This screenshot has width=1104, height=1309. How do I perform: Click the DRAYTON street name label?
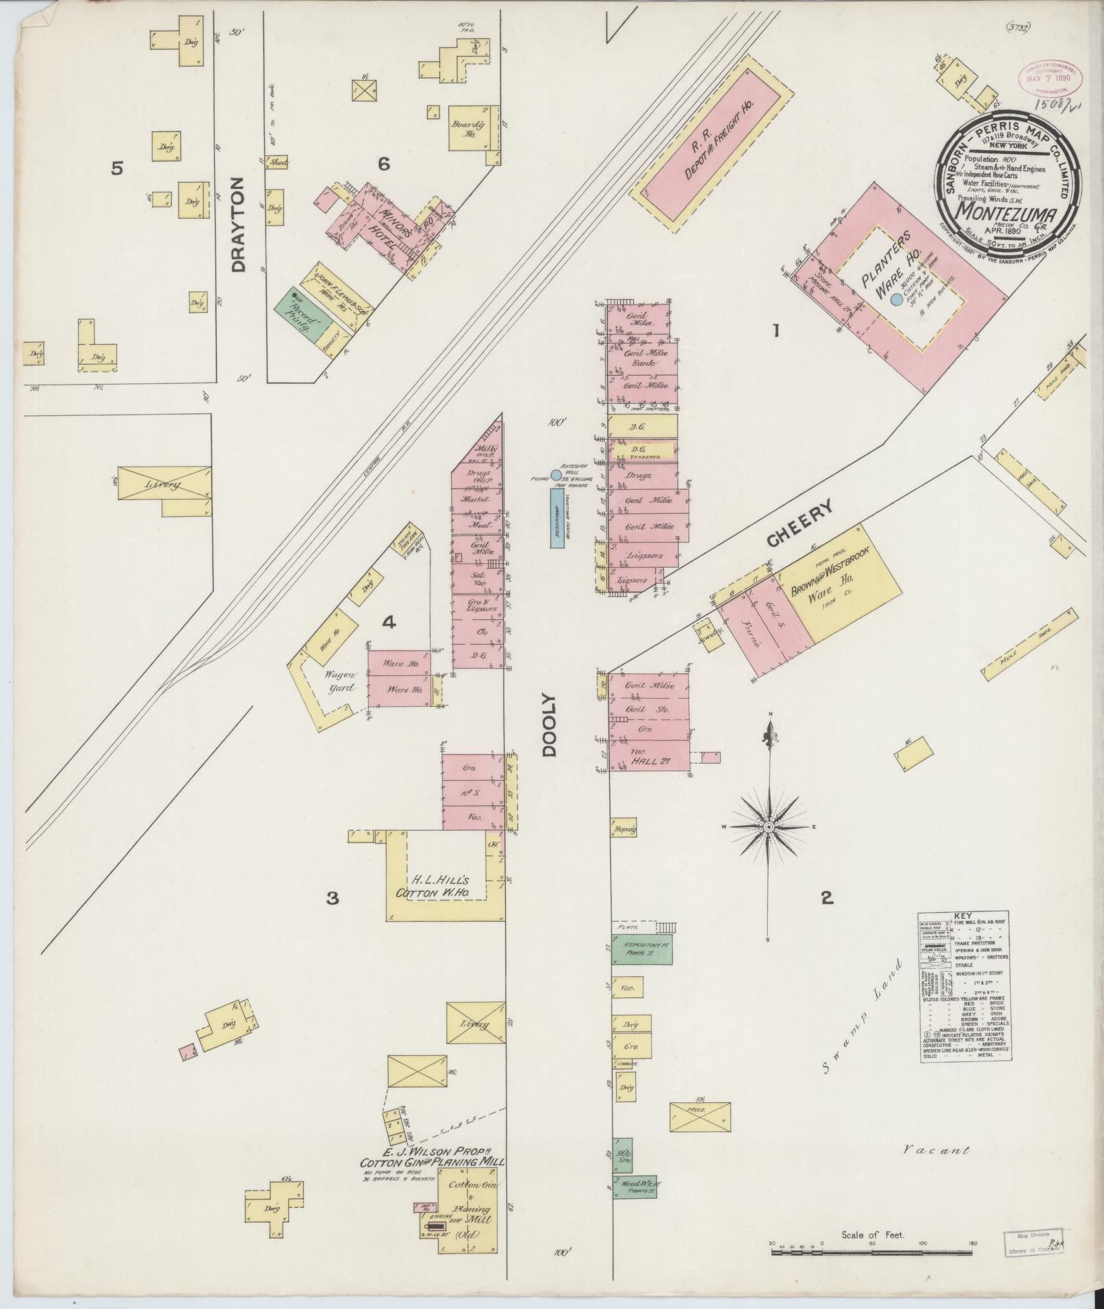(238, 224)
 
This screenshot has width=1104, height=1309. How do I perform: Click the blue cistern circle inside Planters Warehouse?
(896, 299)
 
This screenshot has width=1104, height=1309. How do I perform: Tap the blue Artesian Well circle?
(556, 474)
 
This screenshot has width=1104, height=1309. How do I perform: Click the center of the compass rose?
(768, 827)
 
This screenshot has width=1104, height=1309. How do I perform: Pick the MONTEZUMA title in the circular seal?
(1008, 211)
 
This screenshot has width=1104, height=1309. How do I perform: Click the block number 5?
(118, 168)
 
